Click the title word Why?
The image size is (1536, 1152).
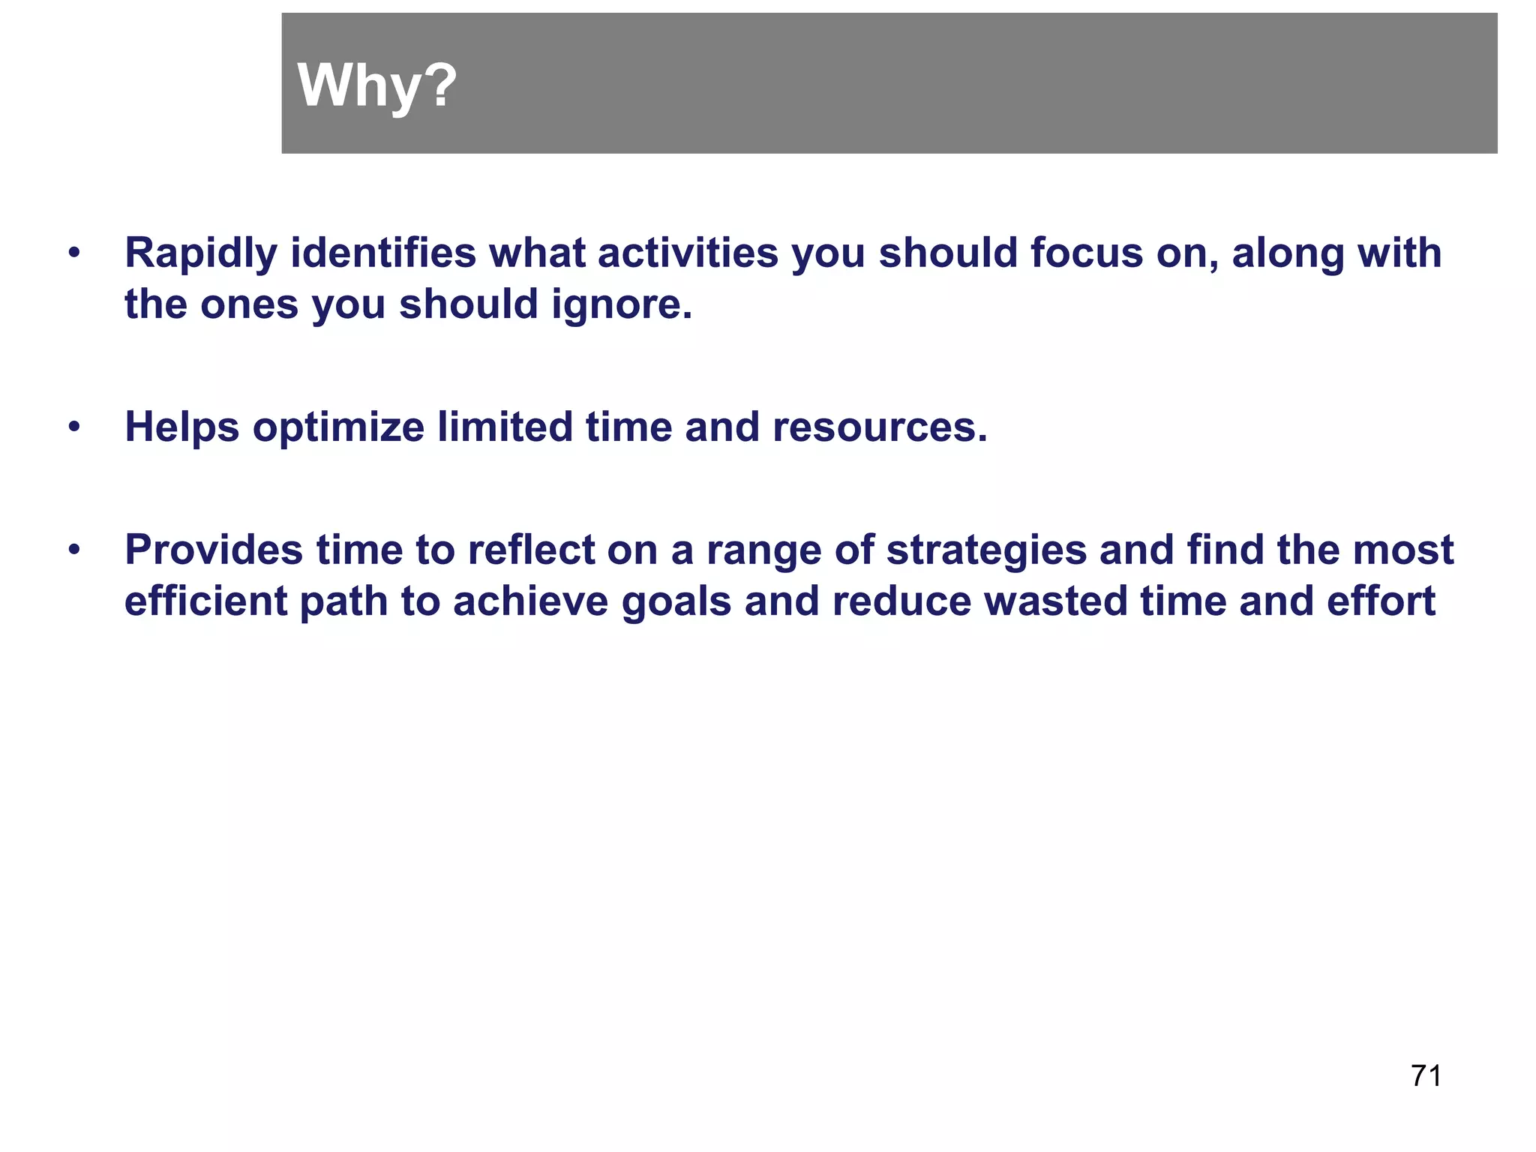pyautogui.click(x=376, y=85)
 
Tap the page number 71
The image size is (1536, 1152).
pyautogui.click(x=1426, y=1076)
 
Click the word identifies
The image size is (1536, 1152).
pyautogui.click(x=383, y=253)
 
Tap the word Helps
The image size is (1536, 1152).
pyautogui.click(x=181, y=427)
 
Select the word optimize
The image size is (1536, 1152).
pyautogui.click(x=338, y=427)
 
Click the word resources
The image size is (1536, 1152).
pyautogui.click(x=880, y=427)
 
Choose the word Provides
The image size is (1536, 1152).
pyautogui.click(x=214, y=550)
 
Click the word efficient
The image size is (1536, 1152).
pyautogui.click(x=205, y=601)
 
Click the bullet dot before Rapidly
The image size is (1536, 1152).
pyautogui.click(x=73, y=253)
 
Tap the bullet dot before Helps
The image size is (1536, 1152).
pyautogui.click(x=73, y=427)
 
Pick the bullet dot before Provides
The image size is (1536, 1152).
pyautogui.click(x=73, y=550)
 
